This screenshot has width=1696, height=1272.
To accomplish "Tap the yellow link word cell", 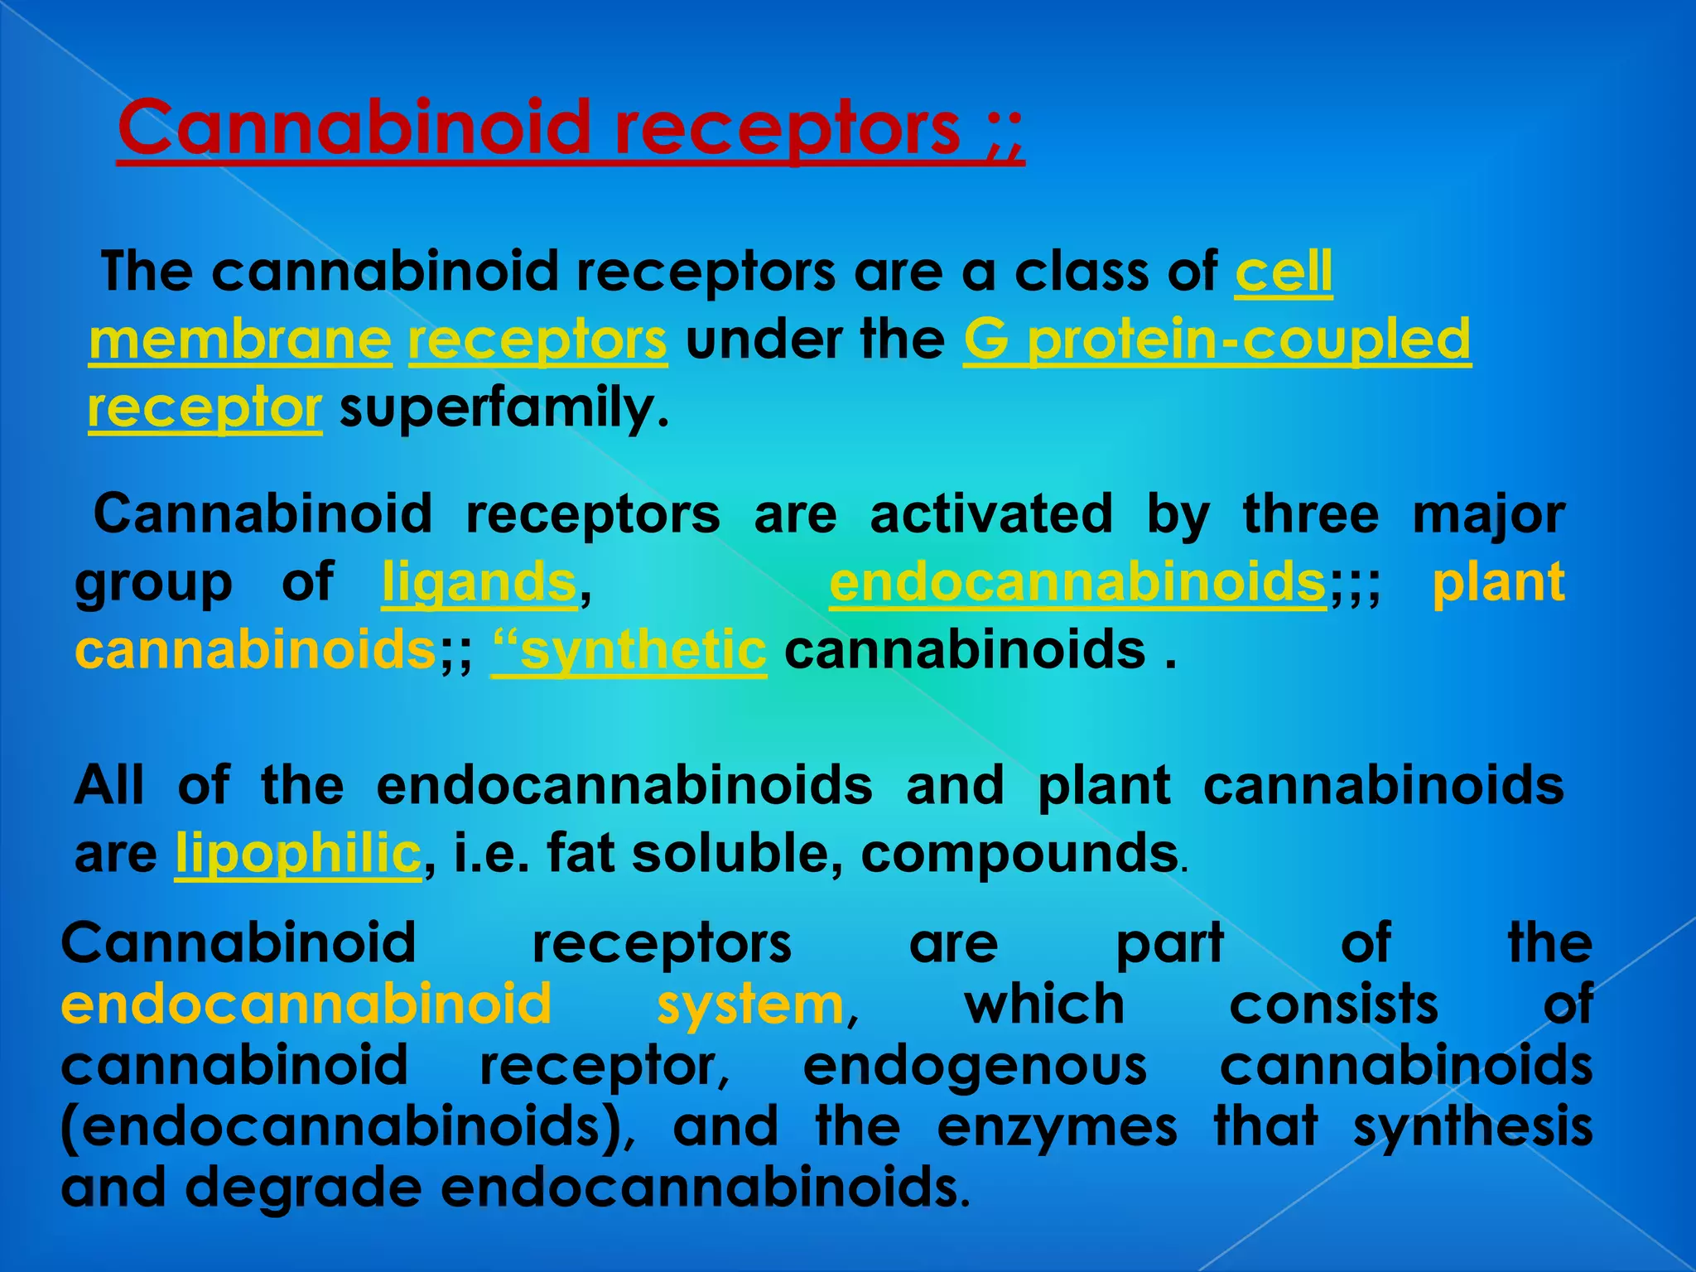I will click(x=1284, y=272).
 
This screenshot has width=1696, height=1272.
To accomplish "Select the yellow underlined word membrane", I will click(x=240, y=340).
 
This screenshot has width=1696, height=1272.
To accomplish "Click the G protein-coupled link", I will click(x=1217, y=340).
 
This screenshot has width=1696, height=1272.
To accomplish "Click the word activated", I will click(x=991, y=514).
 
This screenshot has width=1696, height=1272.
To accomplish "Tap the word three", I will click(x=1311, y=514).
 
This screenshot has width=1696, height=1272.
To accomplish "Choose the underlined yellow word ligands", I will click(x=479, y=582).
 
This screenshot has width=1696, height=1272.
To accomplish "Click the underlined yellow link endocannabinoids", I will click(x=1077, y=582).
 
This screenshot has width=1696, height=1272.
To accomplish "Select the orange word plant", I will click(x=1498, y=582).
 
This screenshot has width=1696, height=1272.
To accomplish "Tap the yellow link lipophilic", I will click(x=298, y=854).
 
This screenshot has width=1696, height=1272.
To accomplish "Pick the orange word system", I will click(x=749, y=1005).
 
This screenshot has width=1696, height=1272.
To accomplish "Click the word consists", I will click(x=1334, y=1005).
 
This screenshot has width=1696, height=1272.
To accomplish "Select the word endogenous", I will click(x=975, y=1066).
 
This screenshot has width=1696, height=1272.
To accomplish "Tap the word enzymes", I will click(x=1057, y=1127).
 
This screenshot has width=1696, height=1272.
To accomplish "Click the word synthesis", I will click(x=1473, y=1127).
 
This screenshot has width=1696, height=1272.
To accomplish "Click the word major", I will click(x=1488, y=514).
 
